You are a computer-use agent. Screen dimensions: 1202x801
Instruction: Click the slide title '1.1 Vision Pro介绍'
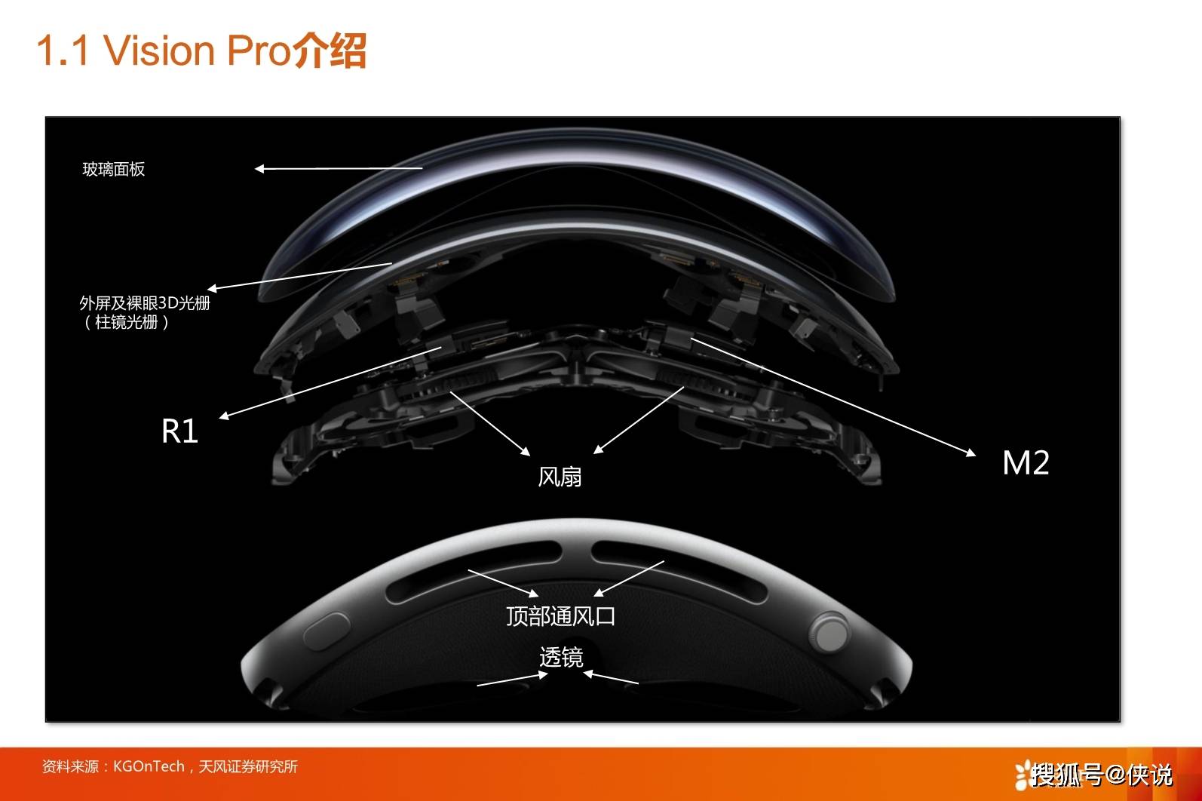(x=202, y=51)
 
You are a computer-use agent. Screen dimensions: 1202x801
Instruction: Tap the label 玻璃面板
(x=114, y=170)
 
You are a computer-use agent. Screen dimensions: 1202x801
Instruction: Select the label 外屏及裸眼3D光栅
(x=145, y=303)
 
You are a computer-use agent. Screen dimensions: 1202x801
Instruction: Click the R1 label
(x=179, y=431)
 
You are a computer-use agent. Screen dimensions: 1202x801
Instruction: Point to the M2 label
(x=1026, y=463)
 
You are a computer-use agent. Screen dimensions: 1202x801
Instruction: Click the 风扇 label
(x=560, y=477)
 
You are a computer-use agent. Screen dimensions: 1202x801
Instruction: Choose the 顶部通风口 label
(x=561, y=616)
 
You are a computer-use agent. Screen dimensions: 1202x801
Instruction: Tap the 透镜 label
(x=561, y=657)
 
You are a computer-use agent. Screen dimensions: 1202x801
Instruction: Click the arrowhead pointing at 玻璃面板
(x=259, y=169)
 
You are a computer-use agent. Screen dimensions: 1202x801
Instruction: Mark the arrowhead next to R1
(x=224, y=416)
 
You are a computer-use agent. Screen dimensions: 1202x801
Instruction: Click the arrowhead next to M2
(x=970, y=453)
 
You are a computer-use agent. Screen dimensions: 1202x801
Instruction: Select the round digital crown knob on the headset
(x=829, y=633)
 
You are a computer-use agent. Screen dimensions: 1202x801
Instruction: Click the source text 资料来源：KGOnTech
(x=113, y=766)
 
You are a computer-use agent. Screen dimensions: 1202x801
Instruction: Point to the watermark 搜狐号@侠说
(x=1095, y=774)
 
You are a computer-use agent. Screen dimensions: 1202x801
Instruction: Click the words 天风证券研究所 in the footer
(x=248, y=766)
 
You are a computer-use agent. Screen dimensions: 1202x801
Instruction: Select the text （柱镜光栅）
(x=127, y=322)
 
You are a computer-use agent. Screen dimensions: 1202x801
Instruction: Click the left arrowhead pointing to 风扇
(x=526, y=451)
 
